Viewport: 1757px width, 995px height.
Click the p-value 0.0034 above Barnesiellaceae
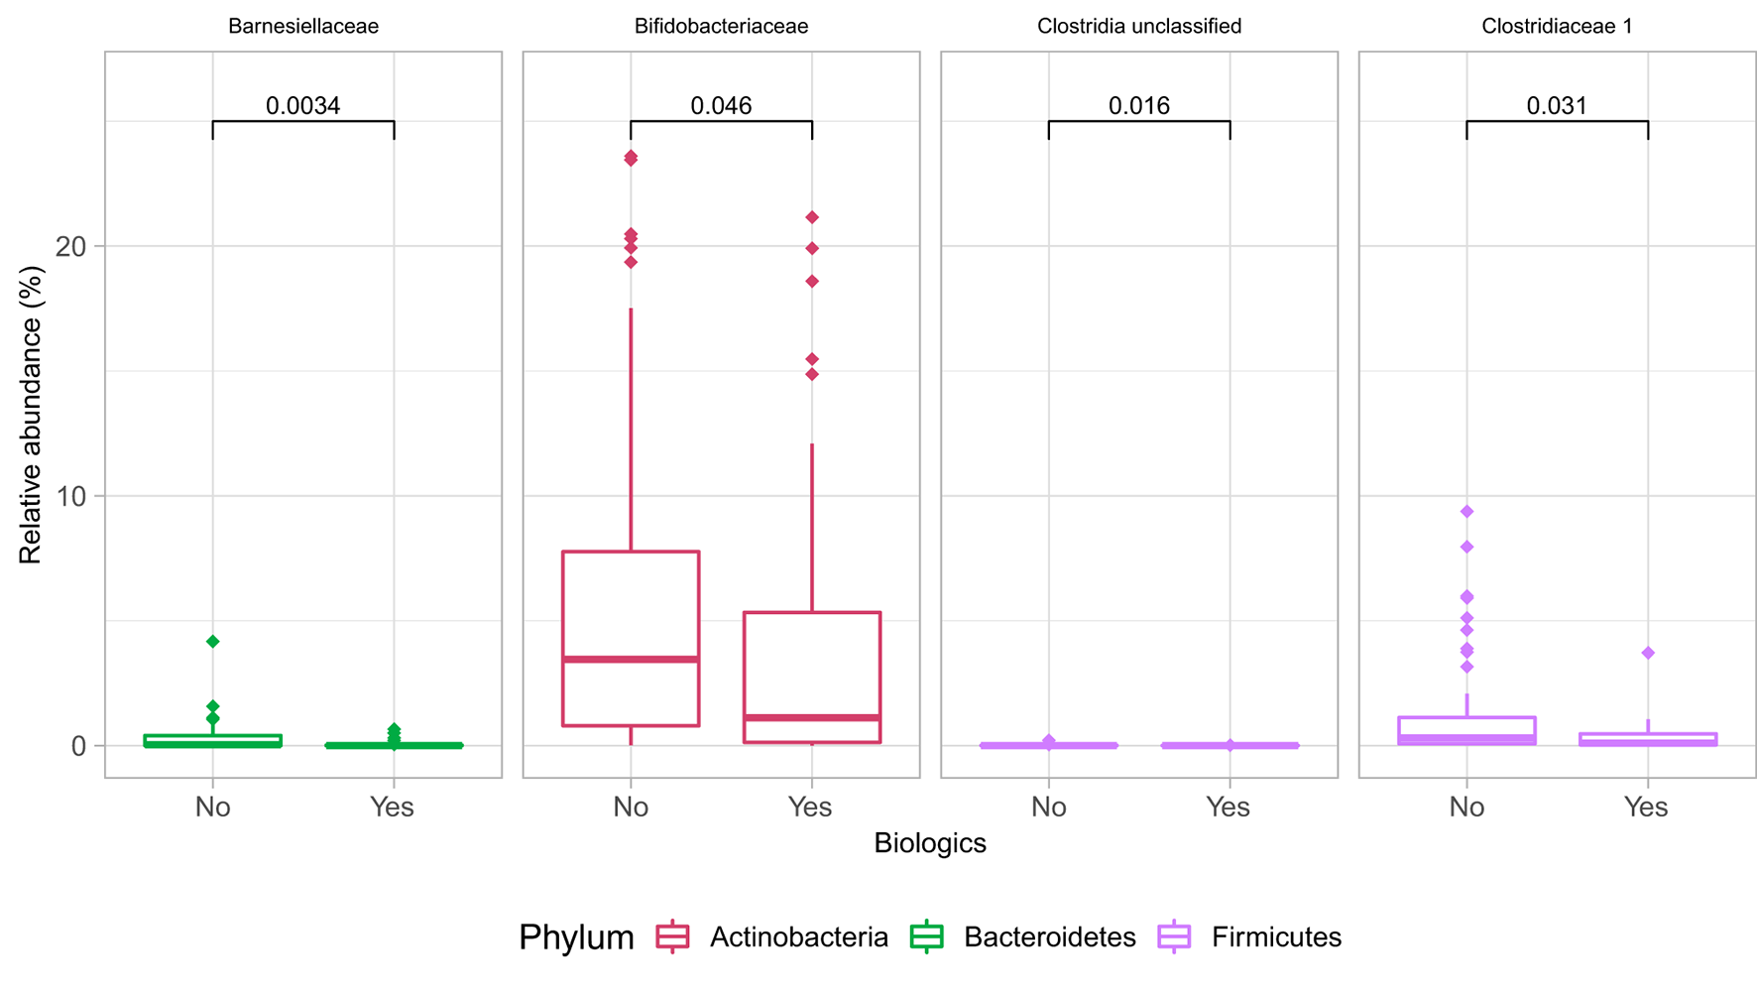click(x=302, y=105)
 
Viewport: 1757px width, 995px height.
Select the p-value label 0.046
click(x=721, y=105)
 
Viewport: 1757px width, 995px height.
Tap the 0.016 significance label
click(x=1138, y=105)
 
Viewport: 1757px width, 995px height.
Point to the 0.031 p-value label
click(x=1557, y=105)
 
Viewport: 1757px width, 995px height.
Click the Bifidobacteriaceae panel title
click(x=721, y=27)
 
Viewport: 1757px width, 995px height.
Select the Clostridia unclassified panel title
click(x=1138, y=27)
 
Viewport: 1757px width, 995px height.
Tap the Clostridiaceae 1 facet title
click(x=1557, y=27)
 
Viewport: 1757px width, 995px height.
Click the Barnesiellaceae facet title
click(x=302, y=27)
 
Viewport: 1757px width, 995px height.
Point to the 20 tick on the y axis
click(x=70, y=246)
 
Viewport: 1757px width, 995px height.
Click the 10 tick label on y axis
click(x=70, y=496)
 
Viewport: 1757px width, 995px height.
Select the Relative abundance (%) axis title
click(x=31, y=415)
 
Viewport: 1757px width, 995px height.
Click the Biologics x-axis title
click(x=929, y=843)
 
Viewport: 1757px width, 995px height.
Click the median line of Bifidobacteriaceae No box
click(x=631, y=659)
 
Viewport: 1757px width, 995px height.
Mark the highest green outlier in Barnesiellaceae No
click(x=212, y=642)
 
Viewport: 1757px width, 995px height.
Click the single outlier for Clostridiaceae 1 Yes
click(x=1648, y=653)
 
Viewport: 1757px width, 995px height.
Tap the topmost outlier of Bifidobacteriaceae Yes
click(x=812, y=217)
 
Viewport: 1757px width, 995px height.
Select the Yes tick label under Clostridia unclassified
click(x=1228, y=808)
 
